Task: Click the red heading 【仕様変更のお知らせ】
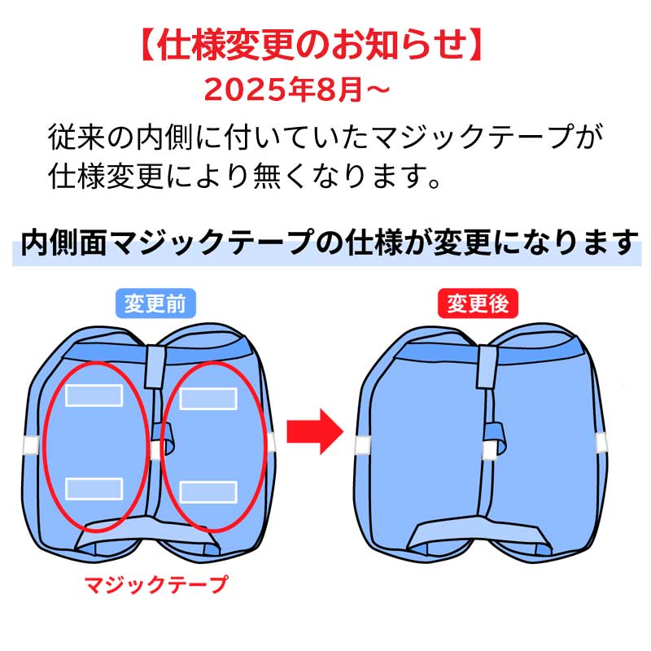pyautogui.click(x=312, y=45)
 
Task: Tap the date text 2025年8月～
pyautogui.click(x=296, y=90)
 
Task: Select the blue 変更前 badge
pyautogui.click(x=155, y=304)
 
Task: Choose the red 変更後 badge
pyautogui.click(x=478, y=304)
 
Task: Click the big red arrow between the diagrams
pyautogui.click(x=315, y=431)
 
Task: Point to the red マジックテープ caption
pyautogui.click(x=156, y=584)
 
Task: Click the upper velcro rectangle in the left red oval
pyautogui.click(x=94, y=395)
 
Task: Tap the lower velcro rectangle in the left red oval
pyautogui.click(x=94, y=489)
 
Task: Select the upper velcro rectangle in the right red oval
pyautogui.click(x=208, y=399)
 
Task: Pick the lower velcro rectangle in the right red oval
pyautogui.click(x=208, y=492)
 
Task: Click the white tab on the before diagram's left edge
pyautogui.click(x=31, y=445)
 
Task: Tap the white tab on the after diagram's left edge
pyautogui.click(x=362, y=445)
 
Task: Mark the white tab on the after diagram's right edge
pyautogui.click(x=602, y=443)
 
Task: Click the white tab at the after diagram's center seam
pyautogui.click(x=489, y=451)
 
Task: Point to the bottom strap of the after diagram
pyautogui.click(x=479, y=535)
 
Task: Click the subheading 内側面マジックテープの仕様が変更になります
pyautogui.click(x=330, y=242)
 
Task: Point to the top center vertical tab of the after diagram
pyautogui.click(x=487, y=367)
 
